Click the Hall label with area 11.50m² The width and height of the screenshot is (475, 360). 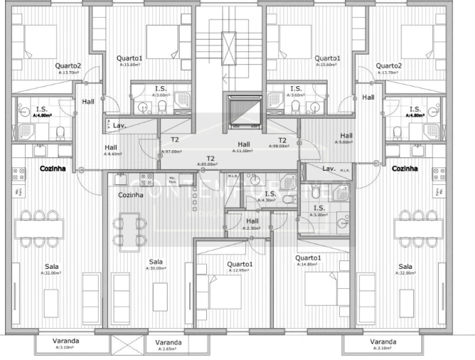tap(243, 144)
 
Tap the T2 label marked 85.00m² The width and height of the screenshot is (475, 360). tap(210, 159)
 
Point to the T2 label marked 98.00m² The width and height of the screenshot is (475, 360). tap(282, 141)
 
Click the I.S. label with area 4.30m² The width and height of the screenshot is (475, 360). tap(270, 194)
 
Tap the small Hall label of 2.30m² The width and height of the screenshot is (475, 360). tap(252, 221)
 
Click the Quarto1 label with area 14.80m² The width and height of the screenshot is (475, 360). tap(309, 259)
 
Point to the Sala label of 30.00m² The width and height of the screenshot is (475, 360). tap(156, 263)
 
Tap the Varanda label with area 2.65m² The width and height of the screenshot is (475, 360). tap(169, 344)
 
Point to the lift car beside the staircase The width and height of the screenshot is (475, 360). tap(242, 112)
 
